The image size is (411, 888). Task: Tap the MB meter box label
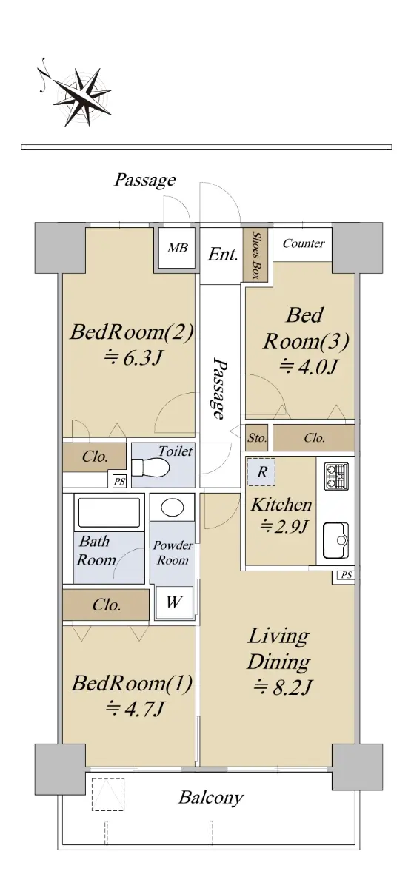click(x=177, y=248)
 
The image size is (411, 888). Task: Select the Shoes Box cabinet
click(x=257, y=255)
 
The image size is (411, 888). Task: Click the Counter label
click(x=304, y=243)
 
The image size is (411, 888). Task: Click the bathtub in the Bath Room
click(x=110, y=512)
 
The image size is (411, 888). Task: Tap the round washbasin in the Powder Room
click(x=173, y=508)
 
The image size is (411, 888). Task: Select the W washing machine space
click(x=174, y=602)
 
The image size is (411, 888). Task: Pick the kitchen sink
click(x=336, y=540)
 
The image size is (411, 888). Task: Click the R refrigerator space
click(x=261, y=472)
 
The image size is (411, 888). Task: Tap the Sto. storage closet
click(x=257, y=438)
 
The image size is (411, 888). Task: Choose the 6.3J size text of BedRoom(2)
click(x=133, y=359)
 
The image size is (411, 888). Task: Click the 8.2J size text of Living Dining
click(x=282, y=687)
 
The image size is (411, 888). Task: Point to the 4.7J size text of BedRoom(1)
click(x=134, y=708)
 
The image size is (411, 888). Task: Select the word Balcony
click(x=210, y=798)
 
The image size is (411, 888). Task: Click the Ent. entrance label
click(x=224, y=254)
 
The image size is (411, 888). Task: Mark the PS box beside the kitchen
click(x=347, y=575)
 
